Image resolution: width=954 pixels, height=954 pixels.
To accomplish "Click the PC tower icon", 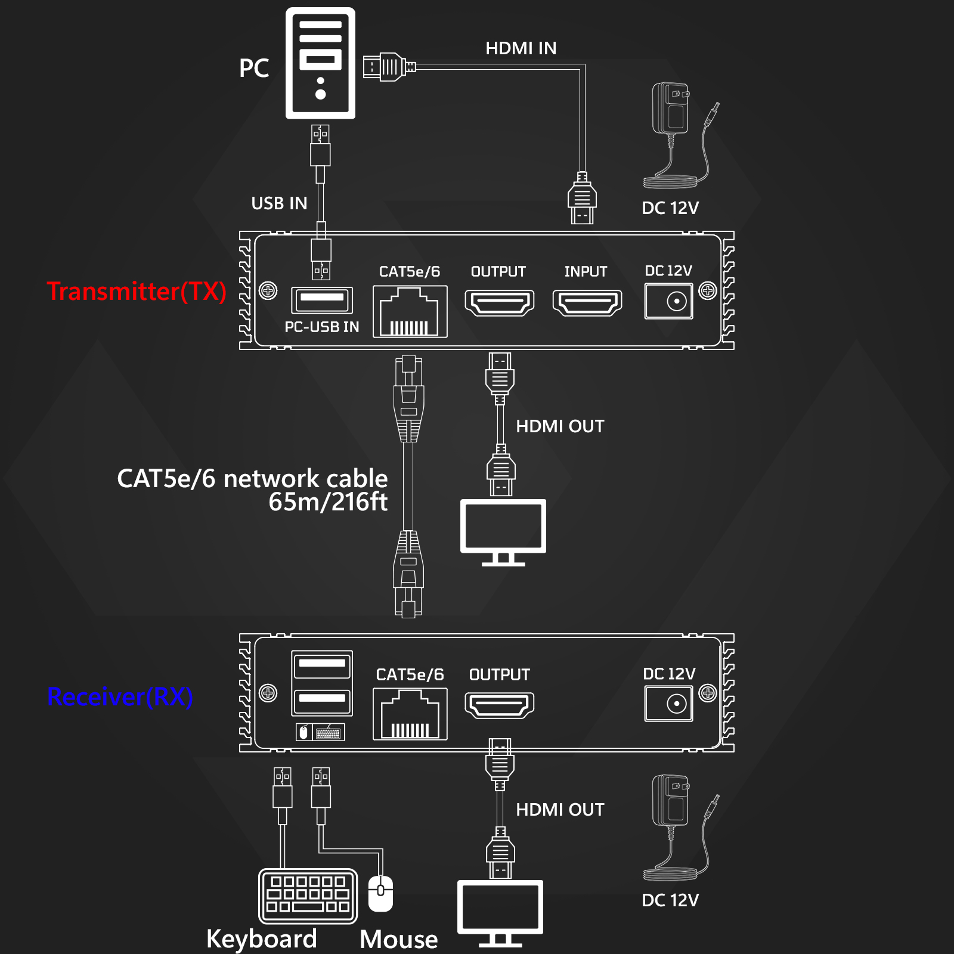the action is click(320, 63).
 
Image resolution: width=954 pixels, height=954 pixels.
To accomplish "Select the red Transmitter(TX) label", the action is click(137, 292).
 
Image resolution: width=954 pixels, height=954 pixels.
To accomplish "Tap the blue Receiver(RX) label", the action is click(120, 697).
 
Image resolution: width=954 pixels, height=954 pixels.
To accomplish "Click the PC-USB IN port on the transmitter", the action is click(322, 300).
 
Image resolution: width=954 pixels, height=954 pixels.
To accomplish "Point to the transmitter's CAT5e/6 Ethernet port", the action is click(410, 312).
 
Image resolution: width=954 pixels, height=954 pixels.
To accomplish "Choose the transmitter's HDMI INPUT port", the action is click(587, 303).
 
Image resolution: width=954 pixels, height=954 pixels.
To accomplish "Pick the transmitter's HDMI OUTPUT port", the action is click(500, 303).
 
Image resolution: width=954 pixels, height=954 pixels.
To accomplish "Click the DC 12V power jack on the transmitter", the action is click(669, 301).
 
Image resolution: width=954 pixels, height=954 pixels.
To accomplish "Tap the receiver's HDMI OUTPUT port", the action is click(500, 705).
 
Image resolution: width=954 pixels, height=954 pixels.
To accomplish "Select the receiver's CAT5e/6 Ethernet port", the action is click(410, 714).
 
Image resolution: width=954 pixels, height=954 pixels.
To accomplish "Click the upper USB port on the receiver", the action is click(322, 665).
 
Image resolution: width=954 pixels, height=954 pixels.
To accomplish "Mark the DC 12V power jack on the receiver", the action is click(669, 704).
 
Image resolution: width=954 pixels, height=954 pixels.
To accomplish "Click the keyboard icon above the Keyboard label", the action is click(308, 896).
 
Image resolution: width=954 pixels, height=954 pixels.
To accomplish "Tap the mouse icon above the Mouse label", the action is click(380, 894).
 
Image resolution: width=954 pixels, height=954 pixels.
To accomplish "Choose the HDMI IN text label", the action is click(521, 48).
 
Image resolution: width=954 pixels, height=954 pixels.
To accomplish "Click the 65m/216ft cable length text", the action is click(328, 502).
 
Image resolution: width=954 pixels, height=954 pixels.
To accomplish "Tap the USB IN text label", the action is click(279, 203).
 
